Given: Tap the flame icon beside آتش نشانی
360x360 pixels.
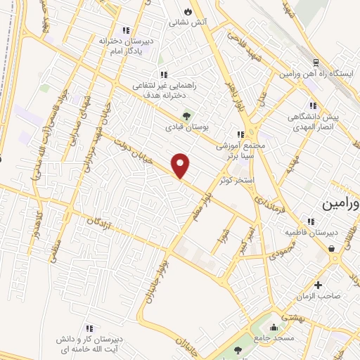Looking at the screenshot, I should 187,12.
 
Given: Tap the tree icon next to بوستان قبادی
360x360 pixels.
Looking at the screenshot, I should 186,116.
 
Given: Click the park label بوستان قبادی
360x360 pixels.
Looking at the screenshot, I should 183,127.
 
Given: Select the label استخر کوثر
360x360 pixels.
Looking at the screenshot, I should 235,181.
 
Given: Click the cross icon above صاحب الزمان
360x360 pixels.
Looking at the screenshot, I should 319,285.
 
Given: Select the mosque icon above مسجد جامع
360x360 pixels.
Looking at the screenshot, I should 274,328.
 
